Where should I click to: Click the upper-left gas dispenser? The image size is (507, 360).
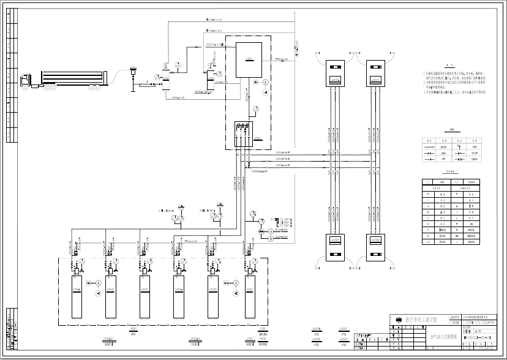click(x=335, y=73)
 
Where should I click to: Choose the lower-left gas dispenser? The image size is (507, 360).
click(x=335, y=247)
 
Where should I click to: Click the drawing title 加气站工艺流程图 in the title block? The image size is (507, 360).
click(x=444, y=337)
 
